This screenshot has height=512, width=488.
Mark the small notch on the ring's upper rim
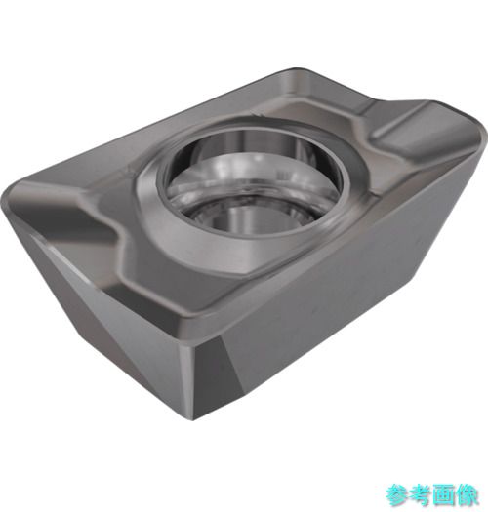258,115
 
